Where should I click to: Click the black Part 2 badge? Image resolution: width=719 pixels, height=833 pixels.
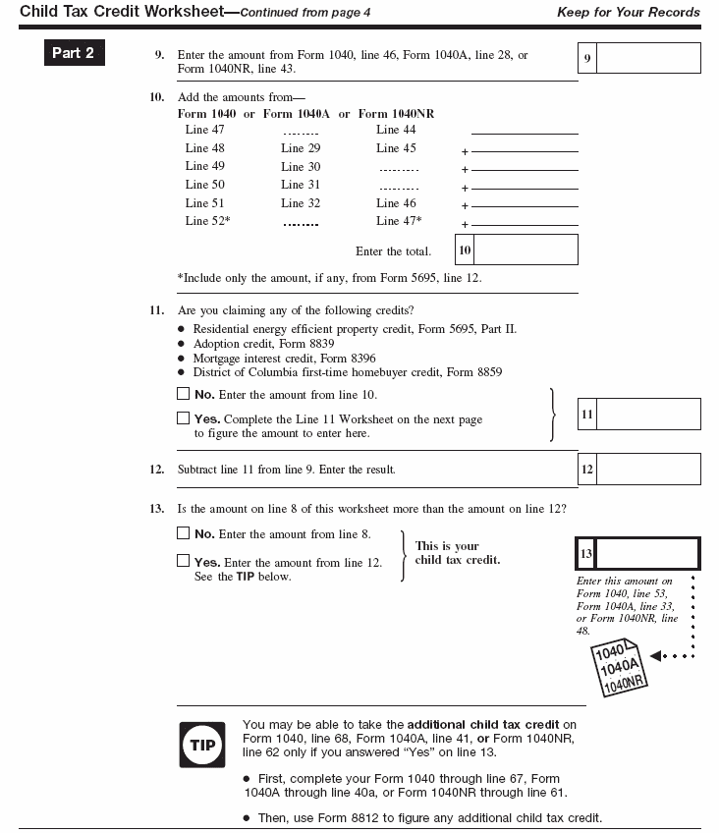74,53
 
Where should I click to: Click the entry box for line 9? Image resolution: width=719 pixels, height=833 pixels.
648,58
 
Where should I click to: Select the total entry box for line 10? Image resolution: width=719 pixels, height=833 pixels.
525,250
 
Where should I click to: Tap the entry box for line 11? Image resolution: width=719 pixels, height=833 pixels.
648,414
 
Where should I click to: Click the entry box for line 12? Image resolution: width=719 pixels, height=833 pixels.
648,469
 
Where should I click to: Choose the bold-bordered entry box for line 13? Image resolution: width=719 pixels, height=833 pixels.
648,554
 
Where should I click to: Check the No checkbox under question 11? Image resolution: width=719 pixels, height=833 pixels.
183,394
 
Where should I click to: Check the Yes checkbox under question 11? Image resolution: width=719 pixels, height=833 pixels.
183,418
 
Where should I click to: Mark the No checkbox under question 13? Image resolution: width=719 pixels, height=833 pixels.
183,533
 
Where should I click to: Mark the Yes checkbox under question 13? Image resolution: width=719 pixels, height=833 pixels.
183,561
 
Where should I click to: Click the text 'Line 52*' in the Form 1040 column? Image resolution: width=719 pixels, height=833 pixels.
207,221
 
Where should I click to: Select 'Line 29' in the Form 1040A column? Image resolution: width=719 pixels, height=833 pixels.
301,148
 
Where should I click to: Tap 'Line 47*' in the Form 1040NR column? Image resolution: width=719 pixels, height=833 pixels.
399,221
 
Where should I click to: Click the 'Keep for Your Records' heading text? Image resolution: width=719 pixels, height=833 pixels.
629,13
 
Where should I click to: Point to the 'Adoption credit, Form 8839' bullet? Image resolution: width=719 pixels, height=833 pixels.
263,344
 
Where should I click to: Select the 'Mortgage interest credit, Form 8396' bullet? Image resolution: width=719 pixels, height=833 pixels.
284,359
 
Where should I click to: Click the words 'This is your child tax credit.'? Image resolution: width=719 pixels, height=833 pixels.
457,553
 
